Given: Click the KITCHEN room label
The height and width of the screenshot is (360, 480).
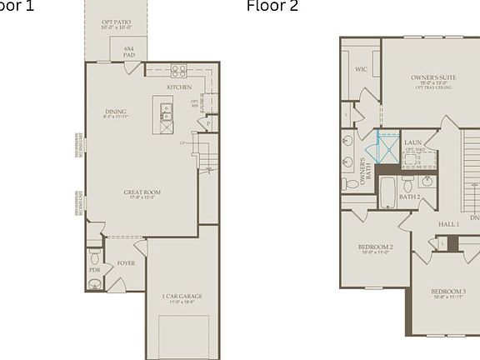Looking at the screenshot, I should click(x=178, y=87).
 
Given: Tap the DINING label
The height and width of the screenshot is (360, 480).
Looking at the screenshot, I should click(x=116, y=112).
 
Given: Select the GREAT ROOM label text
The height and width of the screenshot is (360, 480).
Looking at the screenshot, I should click(x=142, y=192).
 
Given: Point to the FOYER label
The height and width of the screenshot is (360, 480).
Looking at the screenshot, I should click(x=126, y=263).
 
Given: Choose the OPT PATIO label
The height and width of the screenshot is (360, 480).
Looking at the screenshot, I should click(x=117, y=22).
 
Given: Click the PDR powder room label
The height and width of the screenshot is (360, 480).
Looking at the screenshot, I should click(x=94, y=270).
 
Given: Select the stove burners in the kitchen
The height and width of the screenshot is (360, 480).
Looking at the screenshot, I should click(x=178, y=71).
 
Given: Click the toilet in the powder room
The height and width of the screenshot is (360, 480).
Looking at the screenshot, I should click(x=94, y=253).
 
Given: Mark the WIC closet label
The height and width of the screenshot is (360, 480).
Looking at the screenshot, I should click(x=361, y=70).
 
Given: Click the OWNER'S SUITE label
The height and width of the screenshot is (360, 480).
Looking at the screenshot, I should click(x=430, y=77).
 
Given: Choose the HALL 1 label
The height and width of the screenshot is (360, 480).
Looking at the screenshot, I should click(x=448, y=225).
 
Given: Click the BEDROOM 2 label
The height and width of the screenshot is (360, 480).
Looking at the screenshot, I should click(x=375, y=247).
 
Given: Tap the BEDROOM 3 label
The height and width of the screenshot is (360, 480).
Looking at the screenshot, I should click(x=448, y=292).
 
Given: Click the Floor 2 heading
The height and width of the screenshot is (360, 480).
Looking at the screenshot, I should click(x=272, y=7).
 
